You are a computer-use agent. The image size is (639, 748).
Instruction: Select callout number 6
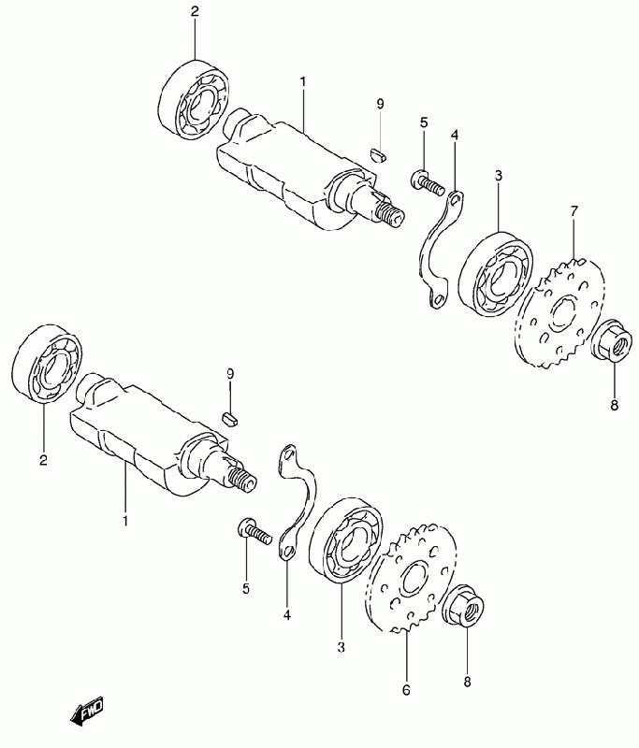[x=406, y=690]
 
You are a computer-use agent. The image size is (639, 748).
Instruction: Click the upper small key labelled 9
[x=379, y=154]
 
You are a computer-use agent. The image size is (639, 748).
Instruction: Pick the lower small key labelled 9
[x=231, y=419]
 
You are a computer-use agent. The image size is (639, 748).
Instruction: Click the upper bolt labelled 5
[x=427, y=182]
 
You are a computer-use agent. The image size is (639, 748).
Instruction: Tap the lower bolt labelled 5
[x=254, y=532]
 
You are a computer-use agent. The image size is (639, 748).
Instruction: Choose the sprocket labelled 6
[x=411, y=578]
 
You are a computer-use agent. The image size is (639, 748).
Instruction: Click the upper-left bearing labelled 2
[x=194, y=99]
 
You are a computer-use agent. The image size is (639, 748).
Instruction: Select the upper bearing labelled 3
[x=495, y=273]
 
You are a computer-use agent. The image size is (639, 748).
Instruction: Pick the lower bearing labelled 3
[x=346, y=539]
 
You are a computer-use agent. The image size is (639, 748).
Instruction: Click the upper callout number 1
[x=302, y=82]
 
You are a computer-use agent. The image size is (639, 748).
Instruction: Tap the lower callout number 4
[x=286, y=615]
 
